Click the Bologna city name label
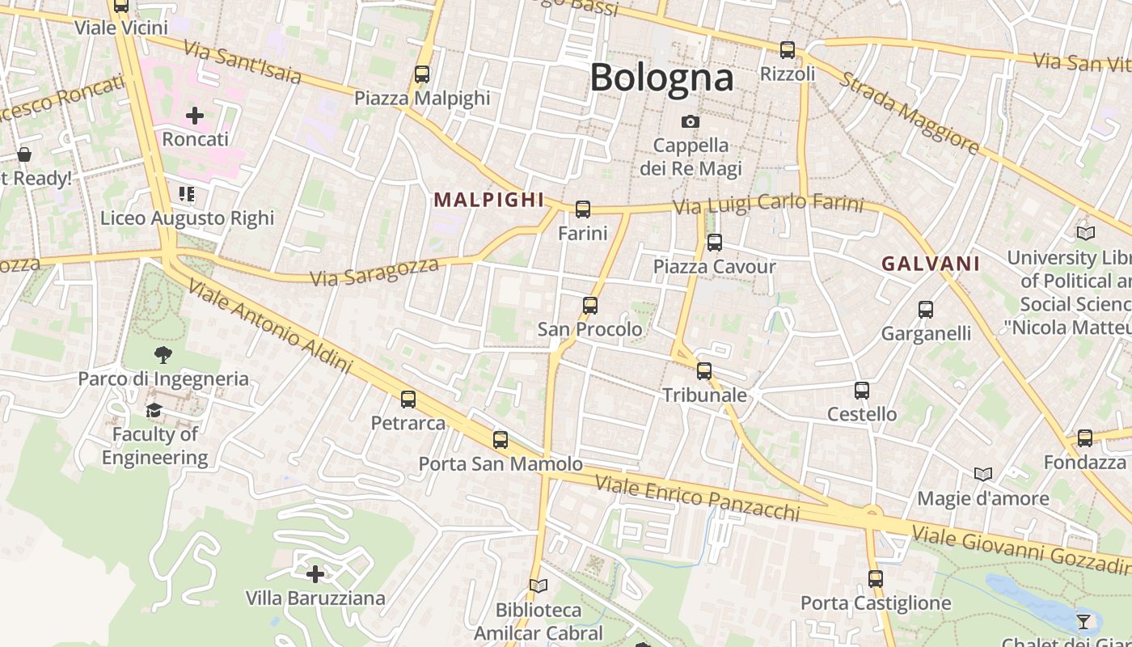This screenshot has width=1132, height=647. [x=661, y=78]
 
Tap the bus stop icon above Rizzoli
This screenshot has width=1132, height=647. [x=787, y=50]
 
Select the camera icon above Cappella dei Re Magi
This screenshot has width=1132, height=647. [x=690, y=122]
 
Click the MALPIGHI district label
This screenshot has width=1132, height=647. [x=488, y=200]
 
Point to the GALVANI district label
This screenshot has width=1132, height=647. [x=931, y=264]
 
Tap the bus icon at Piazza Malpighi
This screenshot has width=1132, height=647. [x=421, y=74]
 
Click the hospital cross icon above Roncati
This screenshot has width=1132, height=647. [x=195, y=116]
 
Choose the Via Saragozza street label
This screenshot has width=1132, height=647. [x=374, y=271]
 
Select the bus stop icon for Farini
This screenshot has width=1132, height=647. [x=582, y=210]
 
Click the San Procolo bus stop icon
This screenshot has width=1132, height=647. [x=590, y=306]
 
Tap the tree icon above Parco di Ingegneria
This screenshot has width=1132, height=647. [x=163, y=354]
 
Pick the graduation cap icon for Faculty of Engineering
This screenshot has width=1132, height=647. [x=154, y=411]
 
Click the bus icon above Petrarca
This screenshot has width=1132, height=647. [x=408, y=400]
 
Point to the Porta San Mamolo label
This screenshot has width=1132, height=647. [x=500, y=464]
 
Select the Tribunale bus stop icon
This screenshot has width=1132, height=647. [x=704, y=371]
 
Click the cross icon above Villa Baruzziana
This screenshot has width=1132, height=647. [x=315, y=575]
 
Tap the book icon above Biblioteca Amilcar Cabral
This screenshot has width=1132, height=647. [x=538, y=586]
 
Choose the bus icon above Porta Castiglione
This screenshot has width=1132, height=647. [x=875, y=579]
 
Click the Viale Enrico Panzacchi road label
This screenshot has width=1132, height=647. [x=697, y=498]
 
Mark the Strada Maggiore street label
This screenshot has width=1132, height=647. [x=909, y=113]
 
